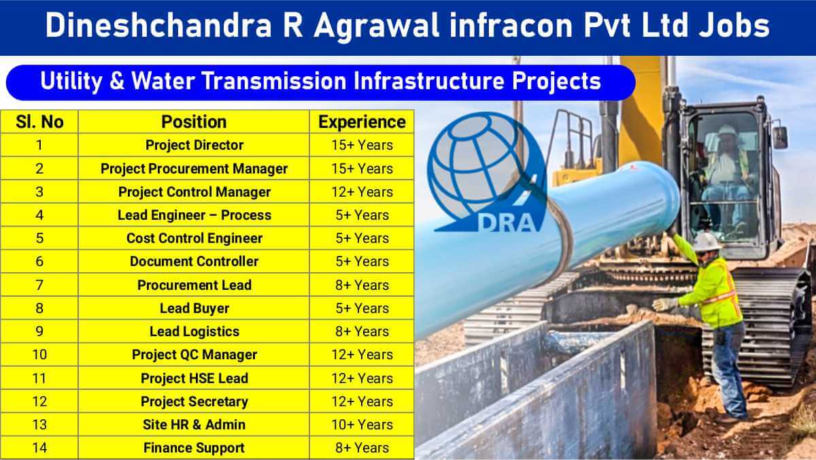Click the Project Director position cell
[x=194, y=145]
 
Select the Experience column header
[x=362, y=122]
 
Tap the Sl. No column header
[x=39, y=122]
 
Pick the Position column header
[x=194, y=122]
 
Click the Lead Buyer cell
[x=194, y=308]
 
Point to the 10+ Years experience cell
[x=362, y=425]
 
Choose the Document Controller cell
[x=194, y=261]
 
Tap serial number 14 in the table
[x=39, y=448]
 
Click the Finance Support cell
[x=194, y=448]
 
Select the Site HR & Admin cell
[x=194, y=425]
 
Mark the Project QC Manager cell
[x=194, y=355]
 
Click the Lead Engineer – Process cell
[x=194, y=215]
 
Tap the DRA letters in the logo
[x=507, y=223]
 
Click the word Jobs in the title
[x=734, y=25]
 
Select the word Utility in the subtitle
[x=71, y=82]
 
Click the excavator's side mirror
[x=781, y=137]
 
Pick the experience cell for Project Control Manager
[x=362, y=192]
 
